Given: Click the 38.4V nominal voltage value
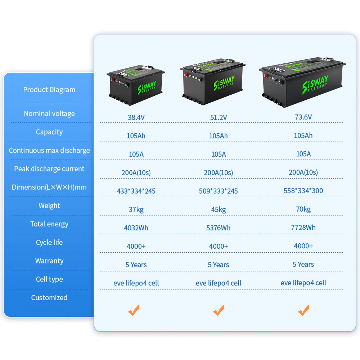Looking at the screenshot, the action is click(136, 117).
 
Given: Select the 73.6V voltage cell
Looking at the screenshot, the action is click(303, 117).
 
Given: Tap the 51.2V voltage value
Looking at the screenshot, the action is click(219, 117).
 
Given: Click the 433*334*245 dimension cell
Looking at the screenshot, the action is click(136, 191).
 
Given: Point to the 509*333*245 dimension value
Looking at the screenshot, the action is click(219, 191).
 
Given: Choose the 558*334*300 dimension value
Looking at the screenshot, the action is click(303, 190).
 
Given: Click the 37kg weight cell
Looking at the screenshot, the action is click(136, 210).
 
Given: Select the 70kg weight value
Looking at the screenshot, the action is click(303, 209).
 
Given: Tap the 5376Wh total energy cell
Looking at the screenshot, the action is click(219, 228).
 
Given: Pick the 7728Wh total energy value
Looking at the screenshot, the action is click(303, 228).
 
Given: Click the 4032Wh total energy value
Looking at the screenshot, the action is click(136, 228).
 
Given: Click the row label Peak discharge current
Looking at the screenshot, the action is click(49, 169).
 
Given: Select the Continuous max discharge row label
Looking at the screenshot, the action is click(49, 150).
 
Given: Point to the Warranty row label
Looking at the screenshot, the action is click(49, 261).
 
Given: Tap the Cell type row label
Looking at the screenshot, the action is click(49, 279).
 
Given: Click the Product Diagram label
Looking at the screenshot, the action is click(49, 90).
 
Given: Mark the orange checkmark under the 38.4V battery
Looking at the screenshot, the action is click(134, 310).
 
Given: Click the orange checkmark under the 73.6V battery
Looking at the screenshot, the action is click(304, 310).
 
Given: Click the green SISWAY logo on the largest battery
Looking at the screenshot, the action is click(315, 84).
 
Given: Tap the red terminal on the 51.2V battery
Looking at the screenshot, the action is click(186, 75).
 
